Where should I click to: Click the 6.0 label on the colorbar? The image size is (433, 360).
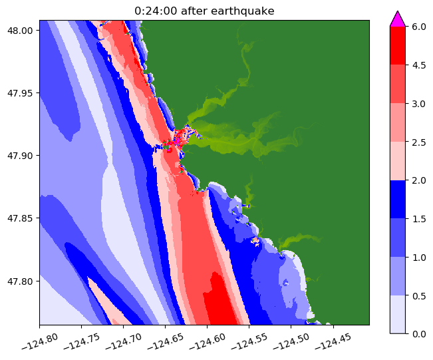tap(419, 27)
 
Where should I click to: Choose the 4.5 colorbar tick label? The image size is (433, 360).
tap(419, 65)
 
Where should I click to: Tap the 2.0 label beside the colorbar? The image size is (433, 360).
tap(419, 180)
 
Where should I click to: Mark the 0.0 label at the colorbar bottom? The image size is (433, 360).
tap(419, 333)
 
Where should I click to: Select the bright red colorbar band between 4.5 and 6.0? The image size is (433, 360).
tap(397, 45)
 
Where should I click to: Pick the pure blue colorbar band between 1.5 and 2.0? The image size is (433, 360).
tap(397, 199)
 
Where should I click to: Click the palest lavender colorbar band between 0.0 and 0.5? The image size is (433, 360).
tap(397, 313)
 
